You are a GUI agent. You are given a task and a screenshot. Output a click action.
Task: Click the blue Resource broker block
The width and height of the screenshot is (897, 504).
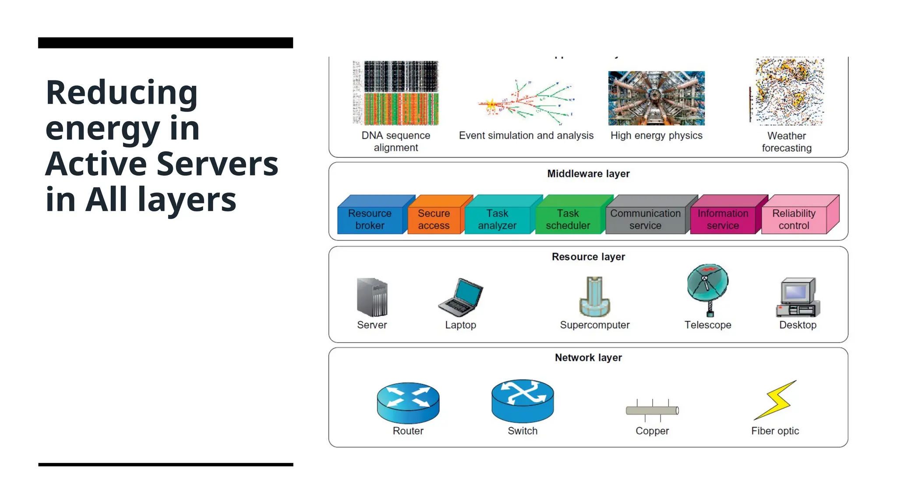pyautogui.click(x=370, y=219)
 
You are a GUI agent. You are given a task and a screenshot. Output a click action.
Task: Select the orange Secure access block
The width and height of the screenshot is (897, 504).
pyautogui.click(x=434, y=219)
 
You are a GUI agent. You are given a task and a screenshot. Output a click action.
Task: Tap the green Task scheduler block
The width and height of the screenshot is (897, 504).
pyautogui.click(x=568, y=219)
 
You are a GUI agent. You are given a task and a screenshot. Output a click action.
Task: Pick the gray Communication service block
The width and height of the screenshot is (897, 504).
pyautogui.click(x=645, y=219)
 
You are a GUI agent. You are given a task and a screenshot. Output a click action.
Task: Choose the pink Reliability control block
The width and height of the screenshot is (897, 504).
pyautogui.click(x=794, y=219)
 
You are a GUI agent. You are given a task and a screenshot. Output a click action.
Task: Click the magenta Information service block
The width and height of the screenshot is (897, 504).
pyautogui.click(x=723, y=219)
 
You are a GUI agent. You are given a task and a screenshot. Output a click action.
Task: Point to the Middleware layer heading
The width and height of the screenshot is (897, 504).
pyautogui.click(x=588, y=174)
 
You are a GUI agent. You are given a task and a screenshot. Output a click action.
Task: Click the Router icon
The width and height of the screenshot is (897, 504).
pyautogui.click(x=408, y=402)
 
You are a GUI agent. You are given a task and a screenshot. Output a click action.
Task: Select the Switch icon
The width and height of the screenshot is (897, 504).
pyautogui.click(x=523, y=400)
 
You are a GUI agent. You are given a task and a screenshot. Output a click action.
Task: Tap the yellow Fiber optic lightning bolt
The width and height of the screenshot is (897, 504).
pyautogui.click(x=776, y=400)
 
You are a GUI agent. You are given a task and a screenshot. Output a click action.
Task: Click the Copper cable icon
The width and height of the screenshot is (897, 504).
pyautogui.click(x=652, y=410)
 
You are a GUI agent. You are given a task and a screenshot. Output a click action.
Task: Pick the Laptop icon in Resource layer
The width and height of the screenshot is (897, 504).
pyautogui.click(x=461, y=297)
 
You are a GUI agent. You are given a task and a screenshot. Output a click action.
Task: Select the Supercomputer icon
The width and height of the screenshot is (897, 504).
pyautogui.click(x=594, y=297)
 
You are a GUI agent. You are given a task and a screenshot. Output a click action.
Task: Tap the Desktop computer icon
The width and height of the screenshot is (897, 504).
pyautogui.click(x=798, y=297)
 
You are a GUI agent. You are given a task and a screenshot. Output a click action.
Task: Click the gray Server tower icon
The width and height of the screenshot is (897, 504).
pyautogui.click(x=372, y=297)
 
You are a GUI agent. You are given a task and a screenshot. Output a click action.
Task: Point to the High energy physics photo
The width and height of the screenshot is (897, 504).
pyautogui.click(x=656, y=98)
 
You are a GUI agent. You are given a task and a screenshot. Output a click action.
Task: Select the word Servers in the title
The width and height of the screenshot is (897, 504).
pyautogui.click(x=217, y=164)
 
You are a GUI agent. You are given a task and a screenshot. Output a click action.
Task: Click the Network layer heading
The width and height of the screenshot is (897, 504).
pyautogui.click(x=588, y=357)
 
